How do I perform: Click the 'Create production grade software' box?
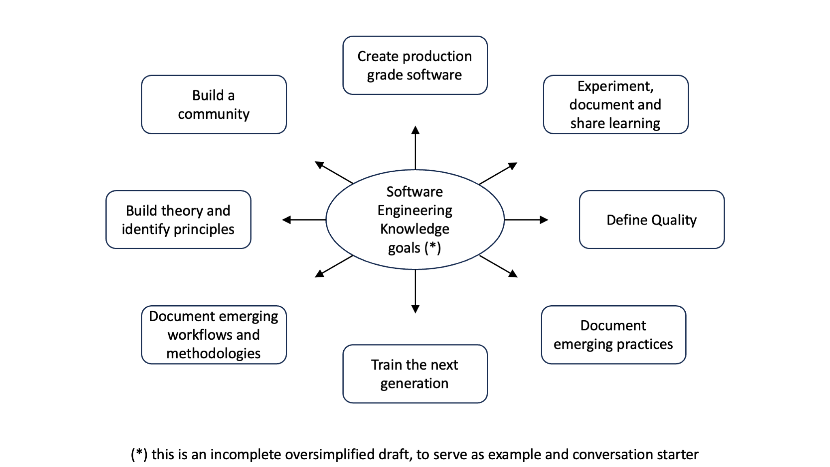pos(415,65)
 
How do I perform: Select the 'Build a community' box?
pos(214,105)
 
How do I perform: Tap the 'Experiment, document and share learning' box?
pos(616,105)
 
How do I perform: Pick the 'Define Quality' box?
pos(652,220)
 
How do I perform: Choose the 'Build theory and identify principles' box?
pos(178,220)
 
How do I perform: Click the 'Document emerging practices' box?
pos(614,335)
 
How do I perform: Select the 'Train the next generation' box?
pos(415,374)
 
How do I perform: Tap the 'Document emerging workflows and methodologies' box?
pos(214,335)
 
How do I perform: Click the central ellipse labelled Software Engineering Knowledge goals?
pos(415,220)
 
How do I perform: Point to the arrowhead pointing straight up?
pos(415,130)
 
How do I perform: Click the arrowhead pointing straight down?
pos(415,309)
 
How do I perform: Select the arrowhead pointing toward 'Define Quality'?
pos(544,220)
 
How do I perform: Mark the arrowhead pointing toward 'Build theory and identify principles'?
pos(287,220)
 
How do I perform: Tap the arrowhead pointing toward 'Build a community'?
pos(319,165)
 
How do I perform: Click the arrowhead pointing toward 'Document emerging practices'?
pos(513,274)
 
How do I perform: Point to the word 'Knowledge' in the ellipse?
pos(415,229)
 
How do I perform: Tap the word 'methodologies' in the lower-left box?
pos(214,354)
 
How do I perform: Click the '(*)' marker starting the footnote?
pos(139,455)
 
